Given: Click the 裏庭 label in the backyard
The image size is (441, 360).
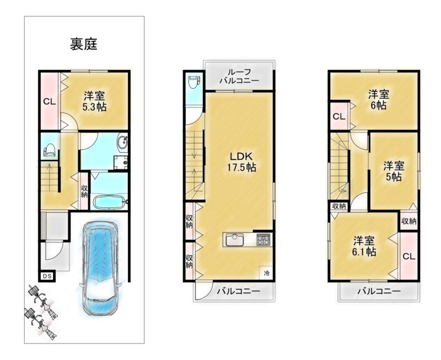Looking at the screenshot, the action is (x=84, y=45).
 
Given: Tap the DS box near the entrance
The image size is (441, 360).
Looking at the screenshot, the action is (x=47, y=276).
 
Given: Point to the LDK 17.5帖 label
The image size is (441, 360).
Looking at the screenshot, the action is (x=241, y=162).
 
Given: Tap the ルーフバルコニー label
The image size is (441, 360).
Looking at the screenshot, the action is (x=239, y=77).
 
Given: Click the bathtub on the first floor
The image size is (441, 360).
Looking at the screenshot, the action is (x=109, y=202).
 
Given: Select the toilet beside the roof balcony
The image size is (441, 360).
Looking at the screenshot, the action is (x=194, y=82).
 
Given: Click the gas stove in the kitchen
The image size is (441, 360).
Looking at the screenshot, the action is (x=263, y=239).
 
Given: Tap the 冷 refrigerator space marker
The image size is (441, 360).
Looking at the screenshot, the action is (x=266, y=273).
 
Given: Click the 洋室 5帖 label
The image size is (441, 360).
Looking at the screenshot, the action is (x=394, y=171).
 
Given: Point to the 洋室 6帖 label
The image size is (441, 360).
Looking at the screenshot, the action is (x=379, y=100).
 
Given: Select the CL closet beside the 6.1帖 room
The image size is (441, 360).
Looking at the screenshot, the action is (x=408, y=256).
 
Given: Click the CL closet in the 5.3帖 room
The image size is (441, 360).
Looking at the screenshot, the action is (x=50, y=101).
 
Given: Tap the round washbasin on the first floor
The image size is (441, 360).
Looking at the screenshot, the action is (x=122, y=143).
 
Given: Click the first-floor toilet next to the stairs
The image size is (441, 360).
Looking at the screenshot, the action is (x=50, y=149).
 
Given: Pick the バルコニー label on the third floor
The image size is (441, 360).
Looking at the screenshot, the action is (x=379, y=291).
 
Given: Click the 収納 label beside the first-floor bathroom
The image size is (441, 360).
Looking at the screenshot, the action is (x=84, y=191).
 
